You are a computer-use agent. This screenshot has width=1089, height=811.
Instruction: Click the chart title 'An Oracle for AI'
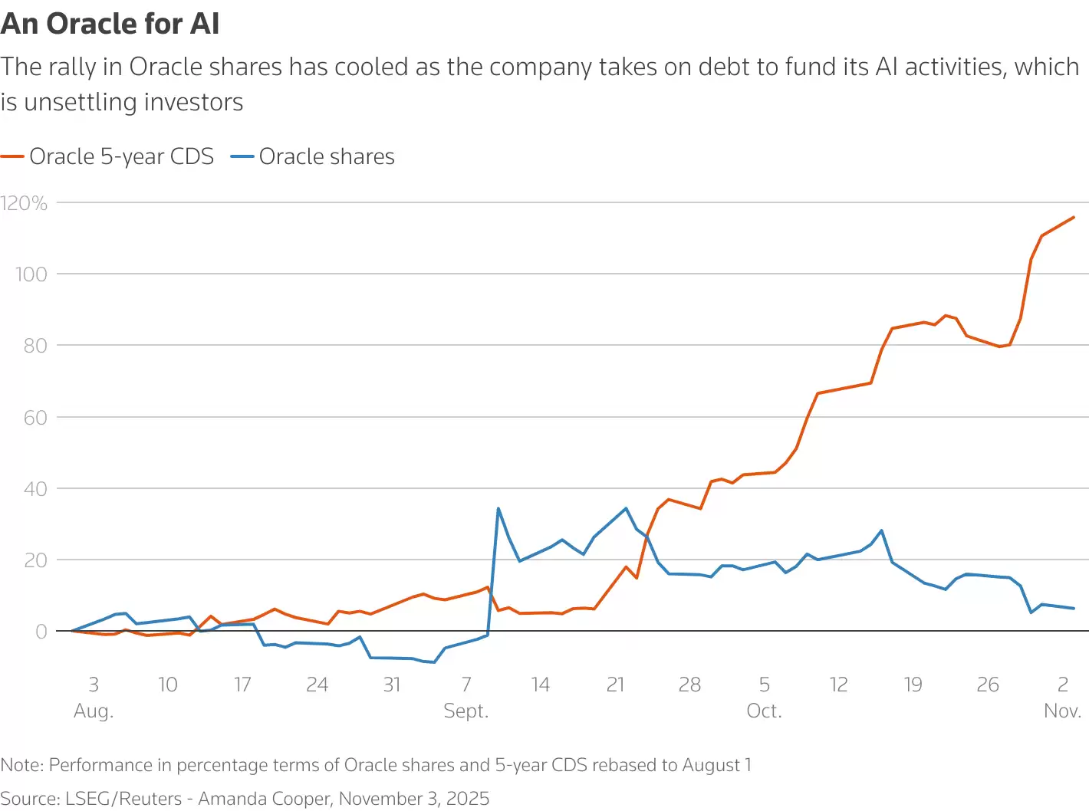tap(110, 24)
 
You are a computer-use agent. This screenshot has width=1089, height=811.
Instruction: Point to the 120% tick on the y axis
tap(24, 203)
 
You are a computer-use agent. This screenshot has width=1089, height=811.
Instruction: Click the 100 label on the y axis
tap(31, 274)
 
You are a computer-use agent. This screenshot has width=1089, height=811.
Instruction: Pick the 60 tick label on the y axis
tap(35, 418)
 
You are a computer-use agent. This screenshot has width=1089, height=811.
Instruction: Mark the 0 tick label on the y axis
tap(41, 632)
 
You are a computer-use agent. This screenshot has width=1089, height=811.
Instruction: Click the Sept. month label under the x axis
tap(466, 711)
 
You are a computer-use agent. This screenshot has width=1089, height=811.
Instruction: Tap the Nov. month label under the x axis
tap(1062, 711)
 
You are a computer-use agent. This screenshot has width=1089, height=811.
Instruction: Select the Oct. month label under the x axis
tap(764, 711)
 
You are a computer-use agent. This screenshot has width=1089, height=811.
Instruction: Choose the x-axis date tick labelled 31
tap(391, 685)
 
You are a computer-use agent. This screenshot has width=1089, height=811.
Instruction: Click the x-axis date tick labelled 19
tap(913, 685)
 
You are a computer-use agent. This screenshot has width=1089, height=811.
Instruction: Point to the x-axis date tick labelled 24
tap(317, 685)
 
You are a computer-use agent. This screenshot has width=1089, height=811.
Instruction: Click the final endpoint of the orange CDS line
tap(1074, 217)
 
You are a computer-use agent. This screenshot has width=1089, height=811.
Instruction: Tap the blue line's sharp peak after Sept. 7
tap(498, 508)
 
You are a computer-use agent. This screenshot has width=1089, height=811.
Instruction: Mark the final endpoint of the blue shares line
tap(1074, 609)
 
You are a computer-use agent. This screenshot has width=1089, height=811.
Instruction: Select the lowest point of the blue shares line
tap(434, 662)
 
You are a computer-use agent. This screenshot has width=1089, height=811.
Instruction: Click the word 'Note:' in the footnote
tap(22, 765)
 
